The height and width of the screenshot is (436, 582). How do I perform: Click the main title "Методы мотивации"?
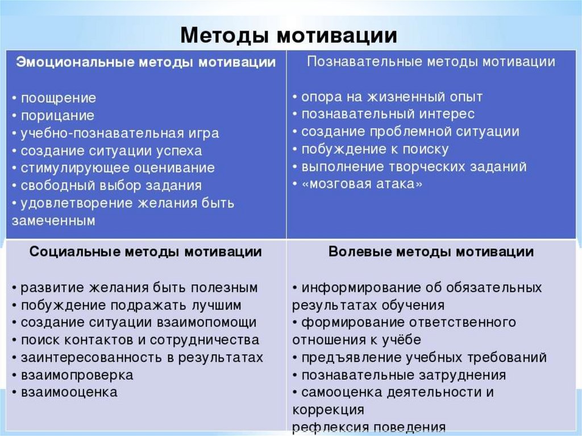[289, 36]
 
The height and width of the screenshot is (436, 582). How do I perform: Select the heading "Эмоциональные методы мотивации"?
[146, 62]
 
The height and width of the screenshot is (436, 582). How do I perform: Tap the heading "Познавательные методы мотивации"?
[431, 61]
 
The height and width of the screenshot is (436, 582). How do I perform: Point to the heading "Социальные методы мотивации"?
[145, 252]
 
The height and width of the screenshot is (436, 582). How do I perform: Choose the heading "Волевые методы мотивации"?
[431, 252]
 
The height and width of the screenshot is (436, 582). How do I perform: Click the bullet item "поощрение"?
[59, 98]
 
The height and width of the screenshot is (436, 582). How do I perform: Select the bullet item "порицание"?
[57, 115]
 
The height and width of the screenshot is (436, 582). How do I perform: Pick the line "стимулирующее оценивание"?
[118, 168]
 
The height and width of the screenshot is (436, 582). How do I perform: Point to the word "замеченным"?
[53, 221]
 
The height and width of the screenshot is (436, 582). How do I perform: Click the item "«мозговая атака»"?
[362, 184]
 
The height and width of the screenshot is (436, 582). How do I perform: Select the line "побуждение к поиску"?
[375, 150]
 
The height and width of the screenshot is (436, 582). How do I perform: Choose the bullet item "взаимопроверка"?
[77, 375]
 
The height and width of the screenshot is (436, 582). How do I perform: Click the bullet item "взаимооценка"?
[69, 392]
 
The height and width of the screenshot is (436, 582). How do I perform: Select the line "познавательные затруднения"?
[404, 375]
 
